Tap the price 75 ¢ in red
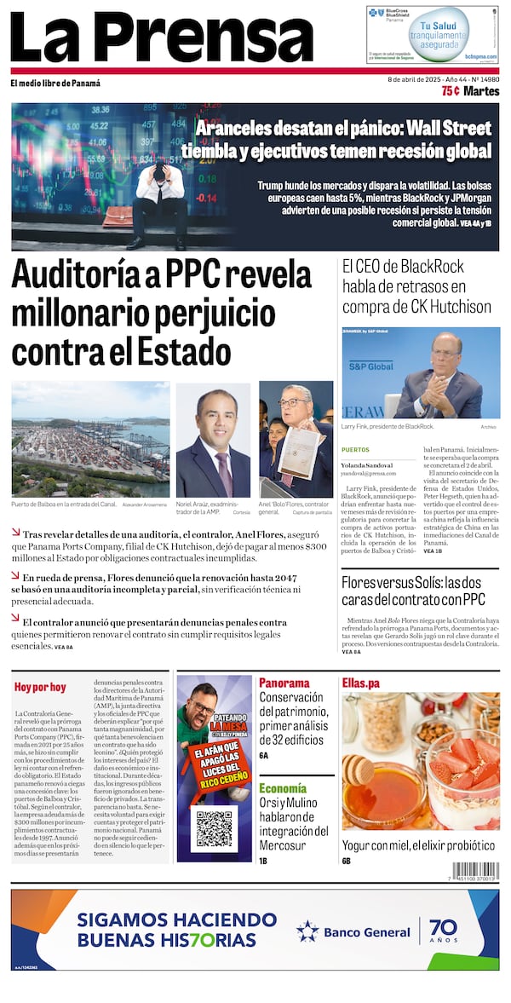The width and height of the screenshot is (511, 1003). [x=451, y=91]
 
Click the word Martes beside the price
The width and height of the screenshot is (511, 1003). [x=482, y=91]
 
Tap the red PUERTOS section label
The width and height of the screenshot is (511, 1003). [x=355, y=449]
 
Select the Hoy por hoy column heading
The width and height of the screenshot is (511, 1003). [x=40, y=687]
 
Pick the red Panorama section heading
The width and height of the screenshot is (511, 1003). [x=284, y=683]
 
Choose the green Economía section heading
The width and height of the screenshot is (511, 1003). [x=283, y=788]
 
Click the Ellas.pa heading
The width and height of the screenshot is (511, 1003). [x=361, y=683]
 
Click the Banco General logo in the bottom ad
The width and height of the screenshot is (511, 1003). [x=353, y=931]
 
